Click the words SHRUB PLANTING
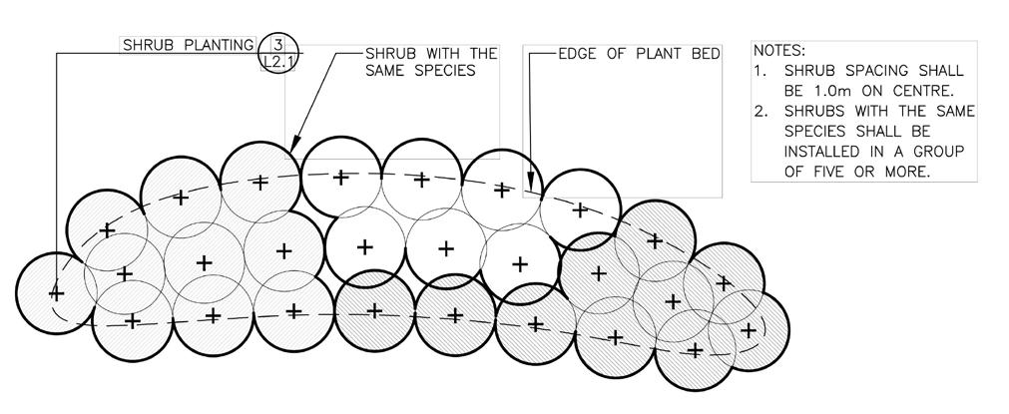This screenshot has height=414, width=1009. pos(188,45)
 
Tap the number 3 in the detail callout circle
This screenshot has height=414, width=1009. pos(278,44)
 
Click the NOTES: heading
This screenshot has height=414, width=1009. pos(779,50)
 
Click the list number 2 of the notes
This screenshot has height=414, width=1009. pos(760,112)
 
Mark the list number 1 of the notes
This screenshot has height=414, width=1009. pos(760,71)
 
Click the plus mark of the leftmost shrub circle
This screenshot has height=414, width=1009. pos(56,293)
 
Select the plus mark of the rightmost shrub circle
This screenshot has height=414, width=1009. pos(747,330)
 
